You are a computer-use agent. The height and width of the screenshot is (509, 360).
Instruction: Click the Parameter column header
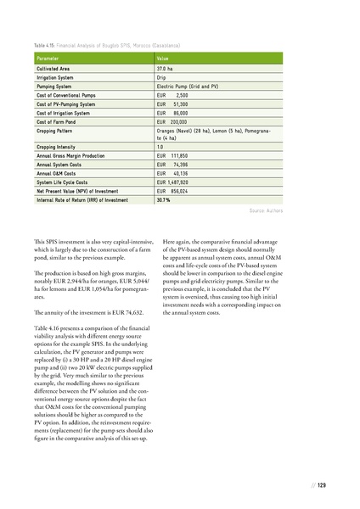[x=49, y=58]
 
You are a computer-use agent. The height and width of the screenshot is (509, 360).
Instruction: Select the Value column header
[x=164, y=58]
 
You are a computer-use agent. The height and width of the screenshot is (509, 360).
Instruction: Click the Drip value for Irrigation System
[x=162, y=77]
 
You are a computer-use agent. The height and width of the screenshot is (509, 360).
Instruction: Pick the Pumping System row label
[x=57, y=87]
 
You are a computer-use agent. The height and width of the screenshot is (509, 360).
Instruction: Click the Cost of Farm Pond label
[x=60, y=123]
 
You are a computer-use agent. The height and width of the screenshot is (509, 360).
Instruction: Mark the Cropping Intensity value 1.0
[x=160, y=148]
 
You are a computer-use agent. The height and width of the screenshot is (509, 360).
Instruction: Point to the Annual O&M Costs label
[x=58, y=176]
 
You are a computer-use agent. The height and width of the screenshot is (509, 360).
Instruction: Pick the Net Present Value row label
[x=81, y=193]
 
